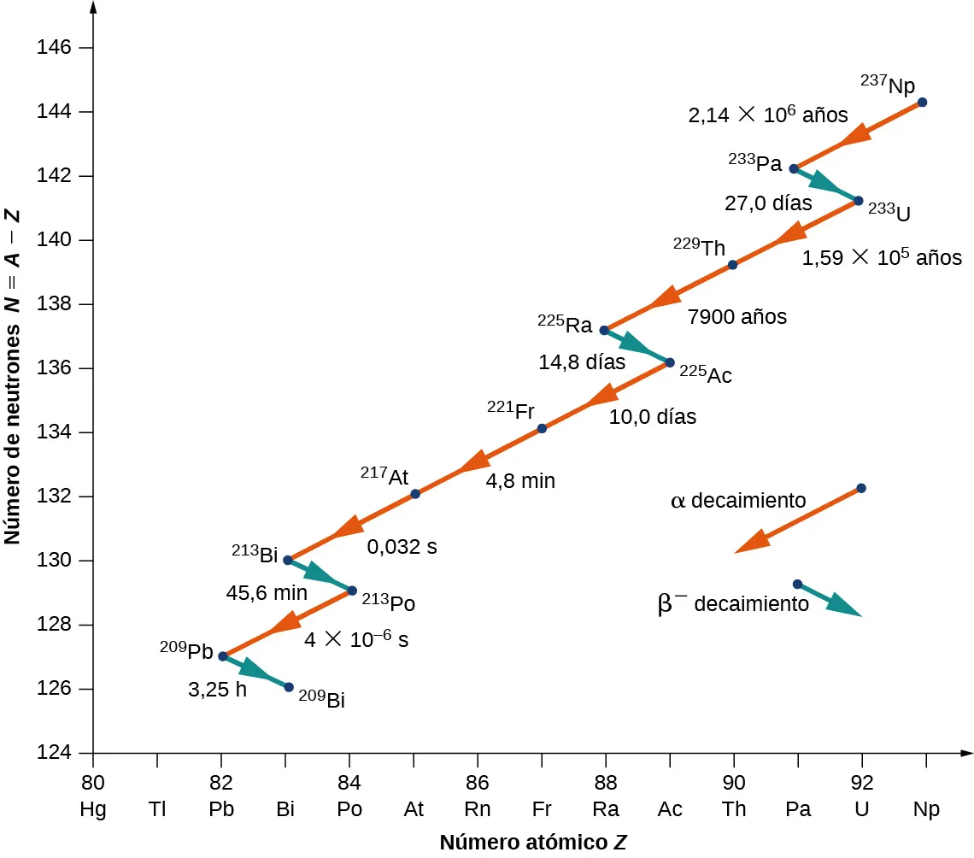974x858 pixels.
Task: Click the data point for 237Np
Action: (x=922, y=103)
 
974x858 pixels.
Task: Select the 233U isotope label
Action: (x=889, y=210)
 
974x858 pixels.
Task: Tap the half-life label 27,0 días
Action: (x=768, y=203)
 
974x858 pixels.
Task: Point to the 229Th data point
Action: (x=732, y=265)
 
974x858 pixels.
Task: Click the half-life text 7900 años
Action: (x=736, y=316)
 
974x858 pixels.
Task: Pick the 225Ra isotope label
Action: (x=565, y=325)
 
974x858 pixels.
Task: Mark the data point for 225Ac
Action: (x=670, y=362)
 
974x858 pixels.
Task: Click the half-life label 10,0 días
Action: (x=652, y=417)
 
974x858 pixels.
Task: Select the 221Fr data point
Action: (x=541, y=429)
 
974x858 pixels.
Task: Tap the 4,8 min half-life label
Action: (x=520, y=481)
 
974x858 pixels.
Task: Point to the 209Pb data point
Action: (x=223, y=656)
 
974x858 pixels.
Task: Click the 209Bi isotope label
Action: (x=321, y=700)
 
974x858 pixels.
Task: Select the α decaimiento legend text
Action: (x=738, y=501)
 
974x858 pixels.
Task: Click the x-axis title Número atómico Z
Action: (x=534, y=843)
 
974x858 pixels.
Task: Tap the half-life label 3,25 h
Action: (x=217, y=690)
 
